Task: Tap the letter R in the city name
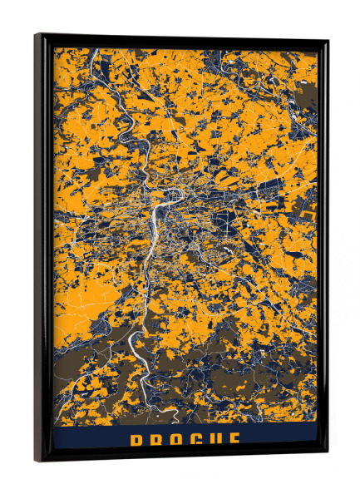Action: pyautogui.click(x=155, y=441)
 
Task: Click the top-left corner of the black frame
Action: pyautogui.click(x=36, y=34)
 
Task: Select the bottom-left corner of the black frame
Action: pyautogui.click(x=36, y=460)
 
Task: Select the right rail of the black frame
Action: pyautogui.click(x=322, y=249)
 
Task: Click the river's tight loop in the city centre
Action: pyautogui.click(x=174, y=195)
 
